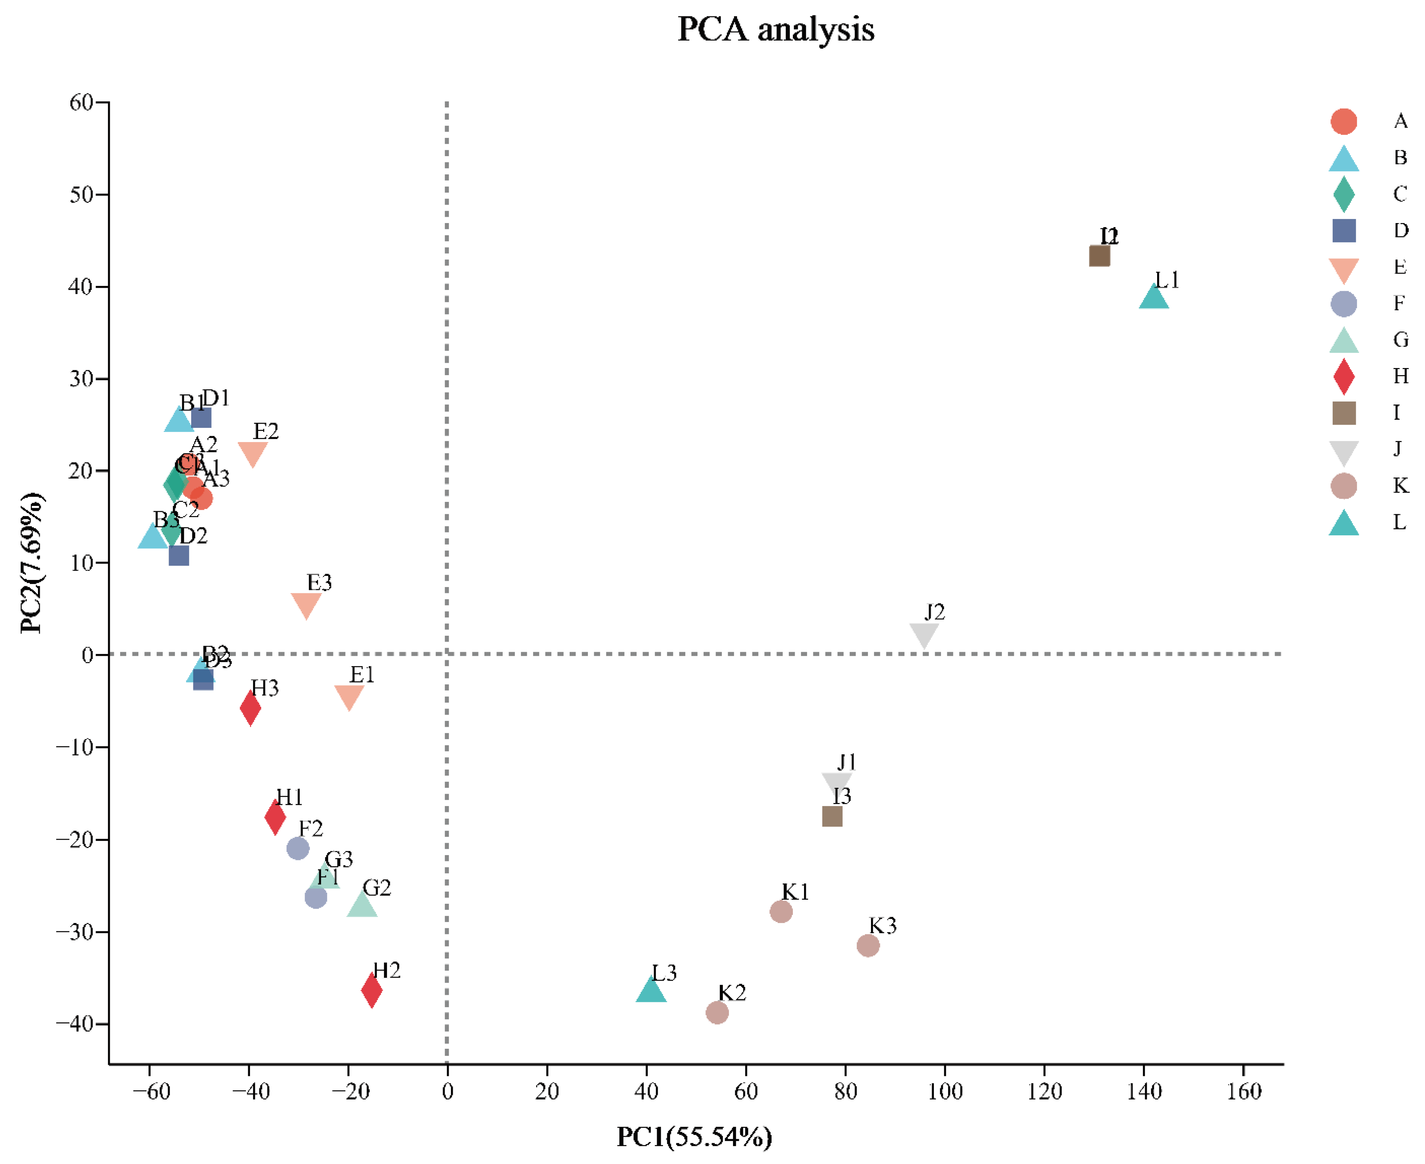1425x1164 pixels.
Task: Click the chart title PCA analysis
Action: [776, 29]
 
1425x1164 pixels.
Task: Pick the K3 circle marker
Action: [868, 945]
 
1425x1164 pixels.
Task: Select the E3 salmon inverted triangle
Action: [306, 604]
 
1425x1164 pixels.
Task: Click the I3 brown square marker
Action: [832, 816]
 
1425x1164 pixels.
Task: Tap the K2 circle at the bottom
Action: [717, 1012]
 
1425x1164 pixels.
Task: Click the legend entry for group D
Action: [1344, 230]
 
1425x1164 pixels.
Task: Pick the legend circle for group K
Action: [1344, 486]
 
